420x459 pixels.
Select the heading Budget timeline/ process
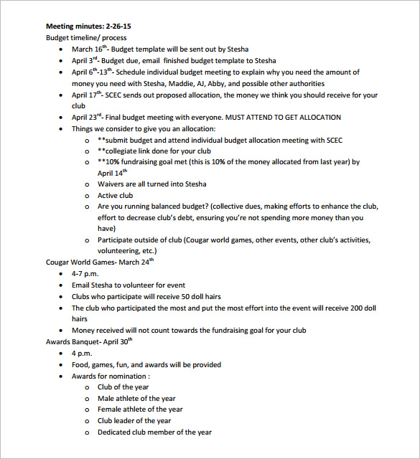pos(85,37)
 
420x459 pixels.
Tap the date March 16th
pos(89,49)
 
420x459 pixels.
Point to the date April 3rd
pos(84,61)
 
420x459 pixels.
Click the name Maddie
pos(162,84)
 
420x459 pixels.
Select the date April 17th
pos(86,95)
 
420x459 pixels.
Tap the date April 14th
pos(111,173)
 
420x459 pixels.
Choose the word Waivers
pos(113,184)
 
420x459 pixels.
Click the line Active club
pos(116,195)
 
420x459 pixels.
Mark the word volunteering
pos(120,251)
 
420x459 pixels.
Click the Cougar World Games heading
pos(81,262)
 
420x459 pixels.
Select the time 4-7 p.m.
pos(87,274)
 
